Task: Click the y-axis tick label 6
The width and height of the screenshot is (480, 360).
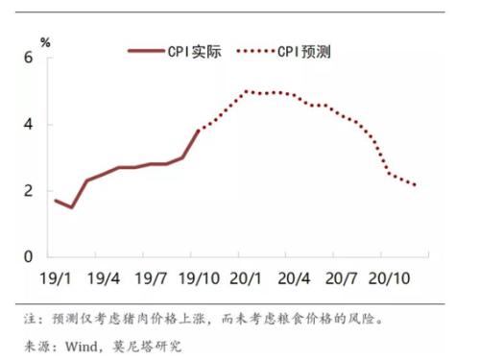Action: point(28,58)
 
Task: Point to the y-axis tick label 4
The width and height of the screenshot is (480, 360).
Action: point(28,124)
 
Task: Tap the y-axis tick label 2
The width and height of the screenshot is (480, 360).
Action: point(28,190)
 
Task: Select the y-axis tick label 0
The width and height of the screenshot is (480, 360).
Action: point(28,256)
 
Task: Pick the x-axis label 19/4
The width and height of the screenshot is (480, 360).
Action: point(104,278)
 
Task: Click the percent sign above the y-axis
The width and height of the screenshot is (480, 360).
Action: point(45,42)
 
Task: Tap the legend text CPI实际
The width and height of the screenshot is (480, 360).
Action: point(196,52)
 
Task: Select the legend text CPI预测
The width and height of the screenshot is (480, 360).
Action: point(304,52)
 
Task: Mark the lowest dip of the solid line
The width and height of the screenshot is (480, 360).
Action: point(71,207)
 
